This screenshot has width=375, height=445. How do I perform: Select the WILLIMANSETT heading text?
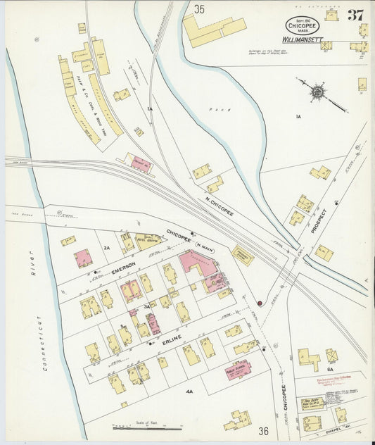(303, 41)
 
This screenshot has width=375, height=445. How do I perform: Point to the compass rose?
(318, 92)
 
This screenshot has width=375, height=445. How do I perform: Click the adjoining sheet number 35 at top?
(200, 9)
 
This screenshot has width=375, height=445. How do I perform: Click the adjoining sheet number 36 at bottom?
(263, 431)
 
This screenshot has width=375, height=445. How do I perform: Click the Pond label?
(216, 110)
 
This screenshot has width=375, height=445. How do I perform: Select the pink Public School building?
(238, 369)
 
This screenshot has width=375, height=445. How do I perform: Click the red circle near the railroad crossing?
(260, 303)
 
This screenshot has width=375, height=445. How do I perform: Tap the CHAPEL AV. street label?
(338, 433)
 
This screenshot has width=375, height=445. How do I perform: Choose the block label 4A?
(189, 390)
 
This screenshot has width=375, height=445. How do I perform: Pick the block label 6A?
(330, 368)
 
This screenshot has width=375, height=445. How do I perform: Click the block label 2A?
(107, 248)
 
